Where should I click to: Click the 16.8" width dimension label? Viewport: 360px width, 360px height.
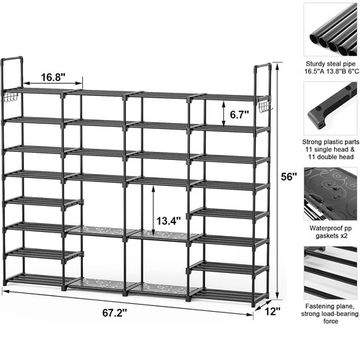pyautogui.click(x=53, y=77)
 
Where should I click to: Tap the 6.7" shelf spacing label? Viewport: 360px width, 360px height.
pyautogui.click(x=240, y=114)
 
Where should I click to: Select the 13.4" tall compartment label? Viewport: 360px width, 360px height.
pyautogui.click(x=168, y=221)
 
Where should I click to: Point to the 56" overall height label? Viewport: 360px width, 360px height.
pyautogui.click(x=289, y=177)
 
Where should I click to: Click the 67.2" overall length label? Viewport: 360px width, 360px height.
pyautogui.click(x=114, y=312)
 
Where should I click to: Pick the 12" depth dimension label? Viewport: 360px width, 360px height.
pyautogui.click(x=272, y=312)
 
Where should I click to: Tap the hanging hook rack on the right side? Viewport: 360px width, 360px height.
pyautogui.click(x=265, y=106)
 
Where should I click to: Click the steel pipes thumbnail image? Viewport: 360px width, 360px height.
pyautogui.click(x=330, y=30)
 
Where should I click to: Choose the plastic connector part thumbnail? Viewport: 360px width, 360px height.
pyautogui.click(x=330, y=108)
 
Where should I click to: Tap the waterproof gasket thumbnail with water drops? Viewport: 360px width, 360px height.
pyautogui.click(x=330, y=194)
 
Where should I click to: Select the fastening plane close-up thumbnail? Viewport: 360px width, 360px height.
pyautogui.click(x=330, y=273)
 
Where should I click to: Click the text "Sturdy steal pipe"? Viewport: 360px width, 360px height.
pyautogui.click(x=330, y=64)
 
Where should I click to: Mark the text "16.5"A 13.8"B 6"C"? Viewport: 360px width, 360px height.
pyautogui.click(x=332, y=71)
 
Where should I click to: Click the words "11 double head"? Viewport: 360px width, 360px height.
pyautogui.click(x=331, y=157)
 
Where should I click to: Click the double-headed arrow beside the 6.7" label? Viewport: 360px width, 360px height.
pyautogui.click(x=224, y=114)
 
